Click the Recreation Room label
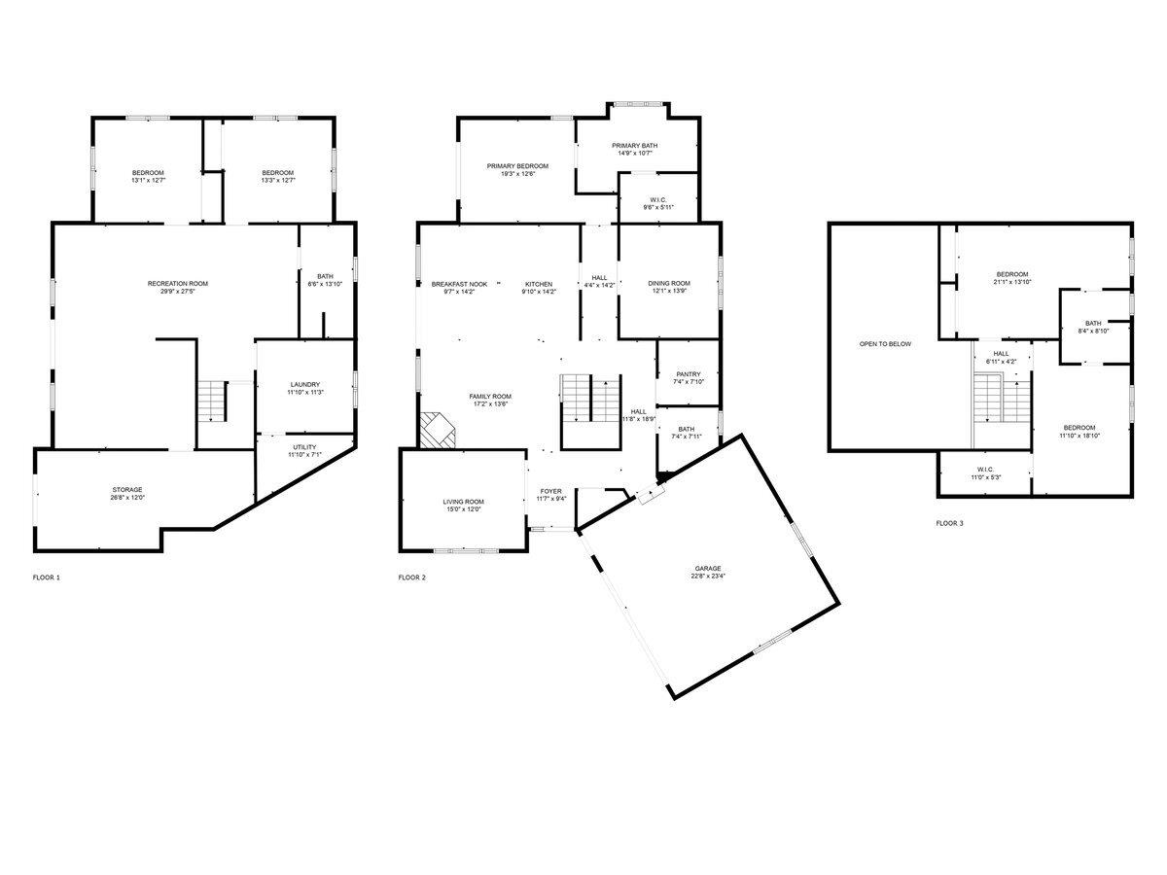pos(178,284)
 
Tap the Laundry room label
pos(304,385)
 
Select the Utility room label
pos(304,447)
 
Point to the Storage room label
pos(126,490)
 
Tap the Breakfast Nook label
pos(459,284)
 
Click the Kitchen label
pos(539,284)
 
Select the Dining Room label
pos(669,284)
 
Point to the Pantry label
pos(689,374)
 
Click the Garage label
pos(708,569)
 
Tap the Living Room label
pos(463,502)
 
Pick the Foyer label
pos(551,492)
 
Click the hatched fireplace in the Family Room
pos(437,430)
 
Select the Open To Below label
pos(885,344)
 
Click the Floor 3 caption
pos(949,523)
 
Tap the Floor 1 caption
pos(46,577)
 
